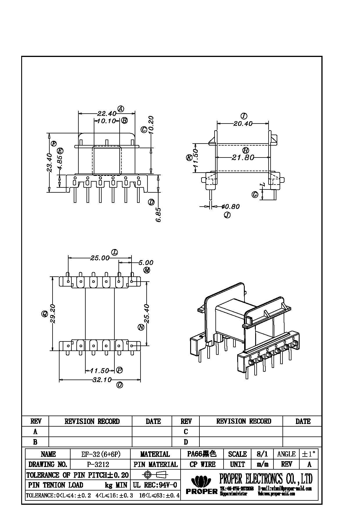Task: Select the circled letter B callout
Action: click(x=124, y=120)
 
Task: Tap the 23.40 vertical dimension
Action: click(x=49, y=163)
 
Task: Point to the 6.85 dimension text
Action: click(x=158, y=215)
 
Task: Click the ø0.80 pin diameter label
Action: click(x=231, y=207)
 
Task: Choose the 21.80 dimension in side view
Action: click(x=243, y=158)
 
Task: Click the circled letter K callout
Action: click(x=189, y=158)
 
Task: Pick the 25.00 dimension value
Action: click(x=100, y=258)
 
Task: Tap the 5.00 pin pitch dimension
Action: click(x=146, y=263)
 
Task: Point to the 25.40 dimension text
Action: click(x=147, y=314)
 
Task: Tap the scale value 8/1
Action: click(x=262, y=454)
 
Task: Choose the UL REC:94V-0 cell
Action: click(x=155, y=485)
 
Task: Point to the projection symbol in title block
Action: click(x=156, y=475)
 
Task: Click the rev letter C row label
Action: click(x=186, y=432)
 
